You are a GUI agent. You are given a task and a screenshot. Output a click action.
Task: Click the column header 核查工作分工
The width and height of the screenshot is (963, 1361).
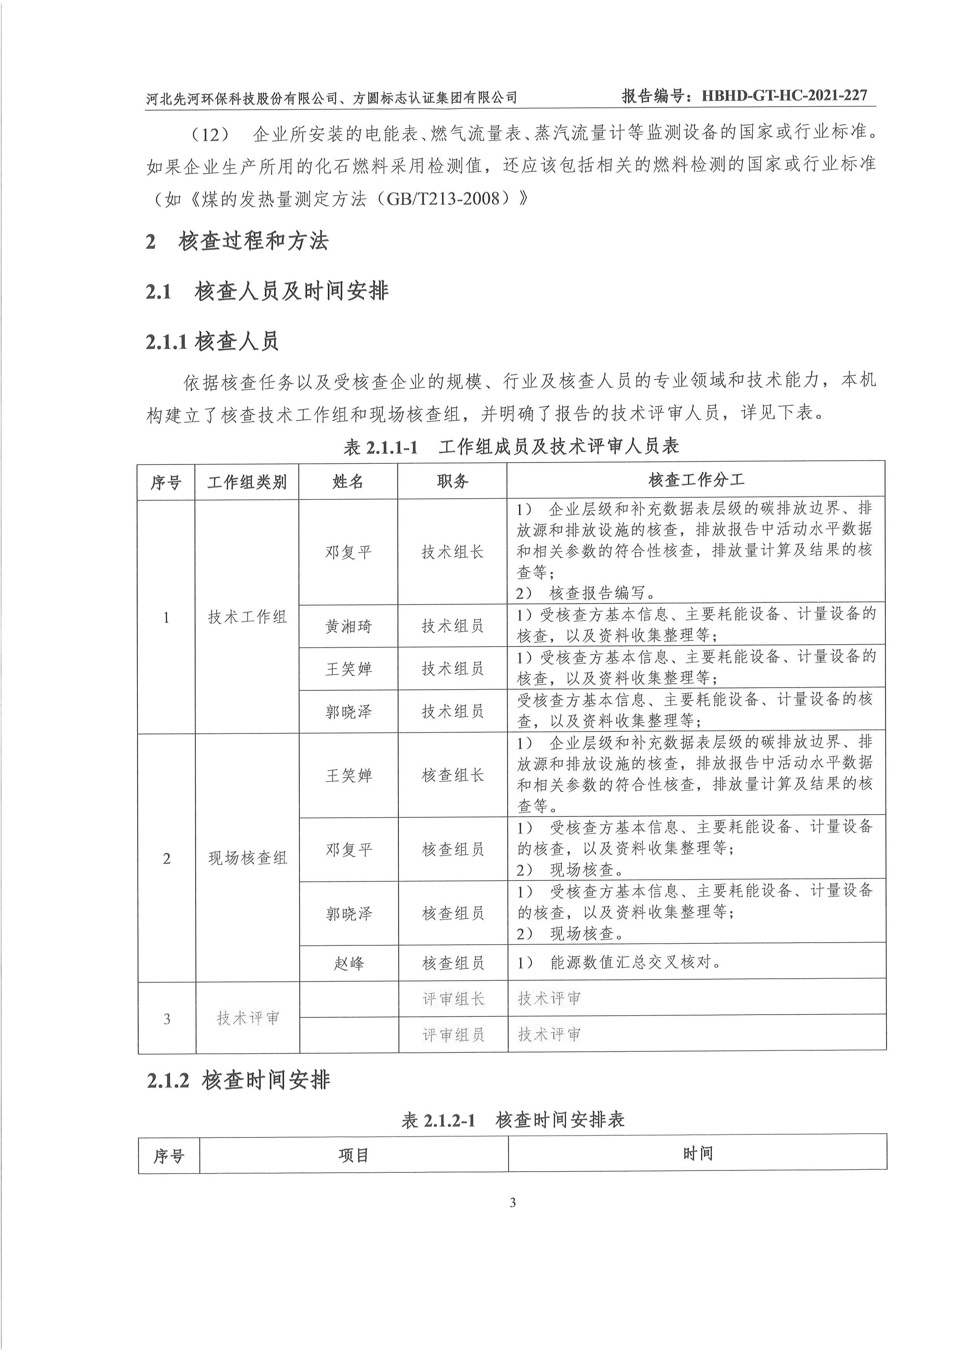click(x=696, y=480)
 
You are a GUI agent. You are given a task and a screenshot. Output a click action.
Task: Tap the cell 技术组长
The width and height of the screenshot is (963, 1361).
click(x=452, y=552)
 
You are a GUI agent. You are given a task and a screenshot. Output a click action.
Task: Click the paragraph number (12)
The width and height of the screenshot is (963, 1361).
click(x=210, y=135)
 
